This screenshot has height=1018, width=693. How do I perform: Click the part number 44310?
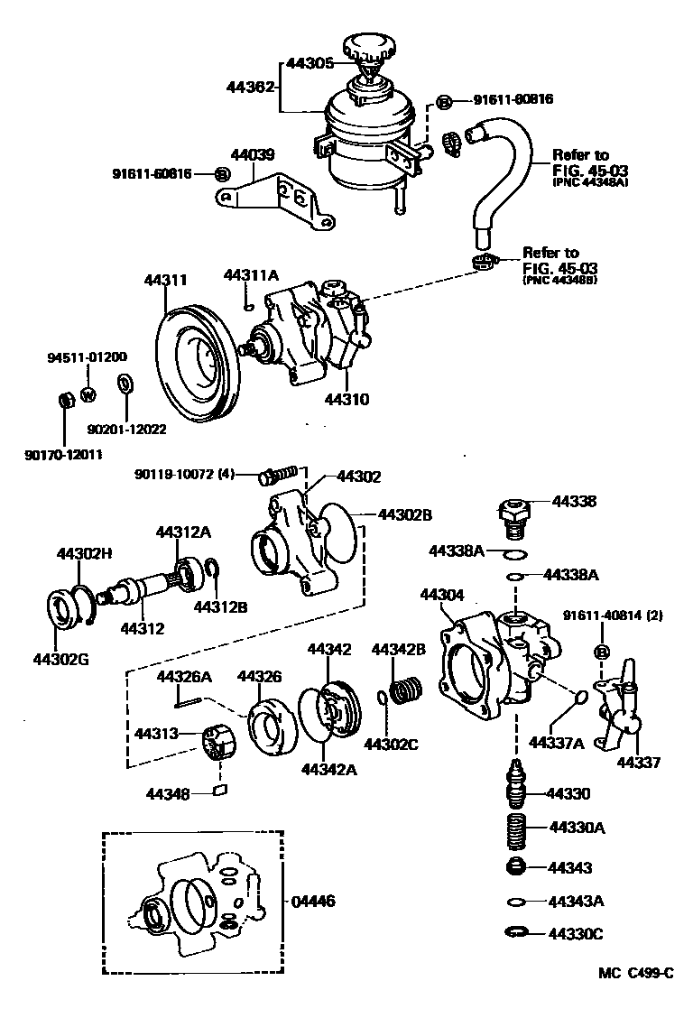(x=347, y=397)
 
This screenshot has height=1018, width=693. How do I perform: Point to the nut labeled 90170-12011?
(x=64, y=400)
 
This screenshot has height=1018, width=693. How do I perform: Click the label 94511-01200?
(x=87, y=356)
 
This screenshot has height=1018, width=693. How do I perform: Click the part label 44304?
(x=442, y=595)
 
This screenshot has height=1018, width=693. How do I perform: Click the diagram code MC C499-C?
(x=636, y=973)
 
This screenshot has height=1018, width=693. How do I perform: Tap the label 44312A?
(x=183, y=532)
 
